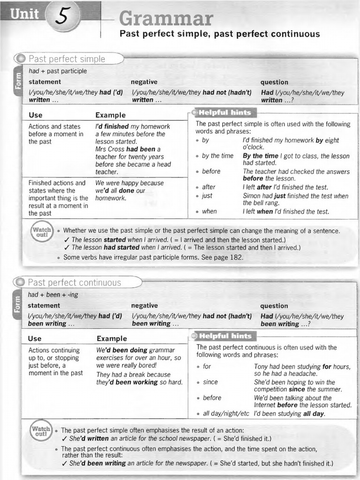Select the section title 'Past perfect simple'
[67, 59]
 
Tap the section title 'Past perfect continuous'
[74, 283]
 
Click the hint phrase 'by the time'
[217, 156]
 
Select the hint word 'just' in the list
[207, 195]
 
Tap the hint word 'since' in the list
[210, 382]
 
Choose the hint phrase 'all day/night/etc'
[226, 413]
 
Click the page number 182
[237, 257]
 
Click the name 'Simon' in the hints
[251, 195]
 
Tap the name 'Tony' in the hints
[262, 367]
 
